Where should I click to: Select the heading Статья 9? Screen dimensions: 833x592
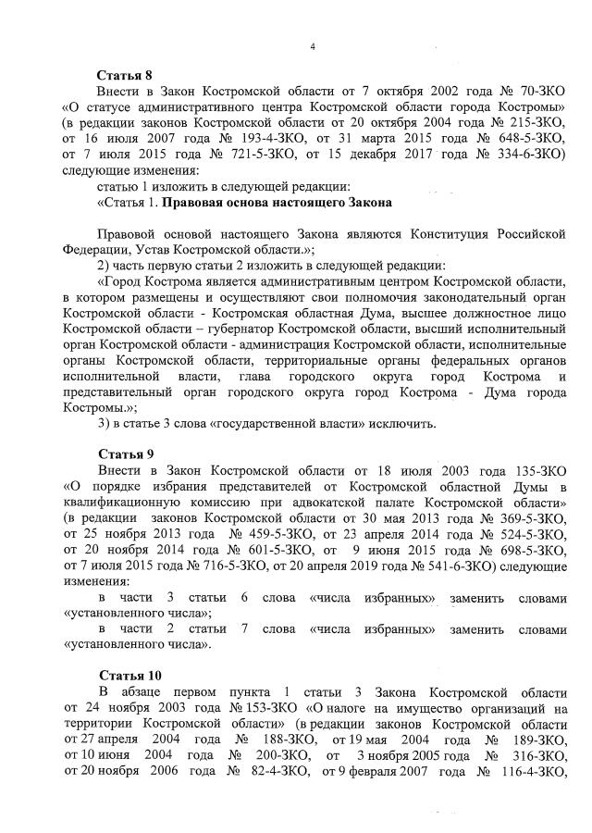(x=125, y=454)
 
